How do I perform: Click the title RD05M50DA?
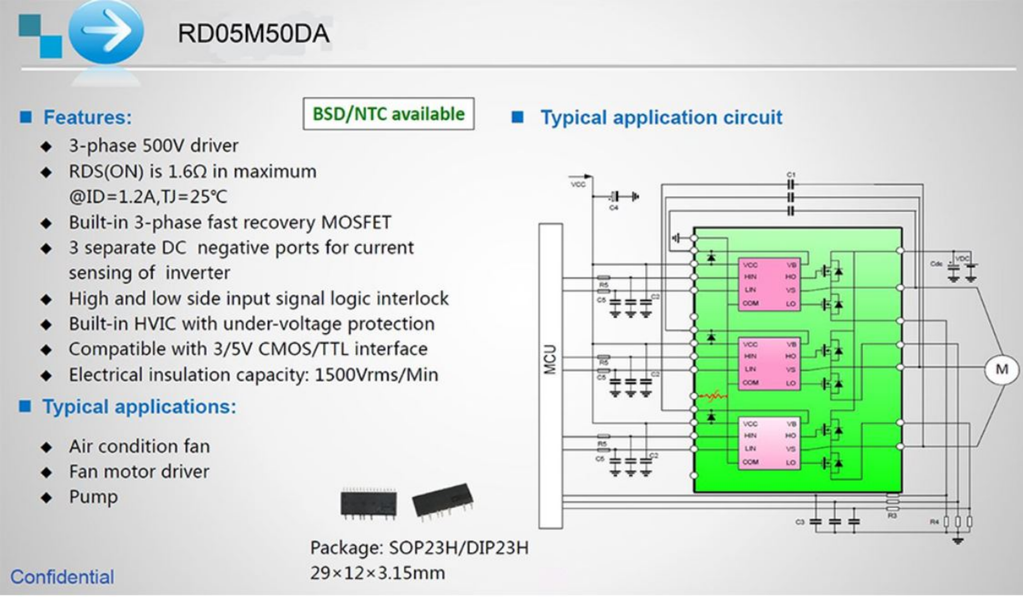[x=253, y=34]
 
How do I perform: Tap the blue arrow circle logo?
[x=106, y=31]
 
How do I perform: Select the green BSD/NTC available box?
[x=388, y=114]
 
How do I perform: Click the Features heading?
[x=87, y=117]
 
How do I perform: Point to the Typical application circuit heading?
[x=661, y=117]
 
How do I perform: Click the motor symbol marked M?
[x=1002, y=369]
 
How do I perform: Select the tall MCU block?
[x=550, y=375]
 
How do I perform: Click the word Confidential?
[x=62, y=577]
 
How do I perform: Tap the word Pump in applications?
[x=93, y=496]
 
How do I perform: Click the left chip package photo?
[x=368, y=504]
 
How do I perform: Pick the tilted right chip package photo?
[x=442, y=501]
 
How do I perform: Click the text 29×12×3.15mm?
[x=377, y=573]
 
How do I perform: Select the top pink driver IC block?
[x=769, y=284]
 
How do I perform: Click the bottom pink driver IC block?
[x=769, y=443]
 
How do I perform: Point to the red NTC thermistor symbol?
[x=713, y=396]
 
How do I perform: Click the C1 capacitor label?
[x=791, y=175]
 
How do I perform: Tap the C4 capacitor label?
[x=613, y=207]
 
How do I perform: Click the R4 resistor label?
[x=934, y=522]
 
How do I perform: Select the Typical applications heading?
[x=139, y=406]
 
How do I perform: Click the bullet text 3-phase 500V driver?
[x=153, y=146]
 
